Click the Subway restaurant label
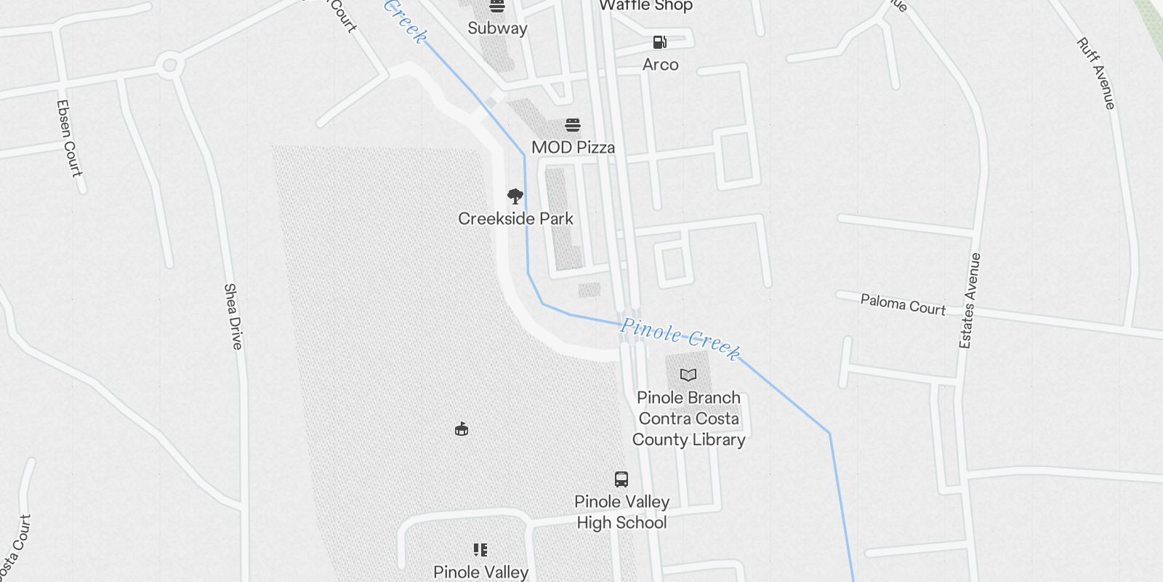tap(497, 28)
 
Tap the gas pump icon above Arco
tap(659, 42)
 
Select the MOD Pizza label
tap(573, 147)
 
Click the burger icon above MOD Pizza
tap(573, 125)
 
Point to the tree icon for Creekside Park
tap(515, 196)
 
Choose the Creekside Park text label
tap(515, 218)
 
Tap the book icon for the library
tap(688, 375)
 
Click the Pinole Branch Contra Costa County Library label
tap(688, 418)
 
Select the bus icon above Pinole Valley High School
tap(621, 479)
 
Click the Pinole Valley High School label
tap(621, 511)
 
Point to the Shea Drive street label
tap(233, 316)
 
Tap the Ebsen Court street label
tap(68, 138)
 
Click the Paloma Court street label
tap(903, 304)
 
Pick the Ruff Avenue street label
tap(1095, 73)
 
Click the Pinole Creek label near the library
tap(680, 337)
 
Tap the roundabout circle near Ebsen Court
tap(169, 65)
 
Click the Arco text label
tap(660, 64)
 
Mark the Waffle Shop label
tap(645, 6)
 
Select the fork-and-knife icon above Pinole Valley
tap(480, 549)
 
